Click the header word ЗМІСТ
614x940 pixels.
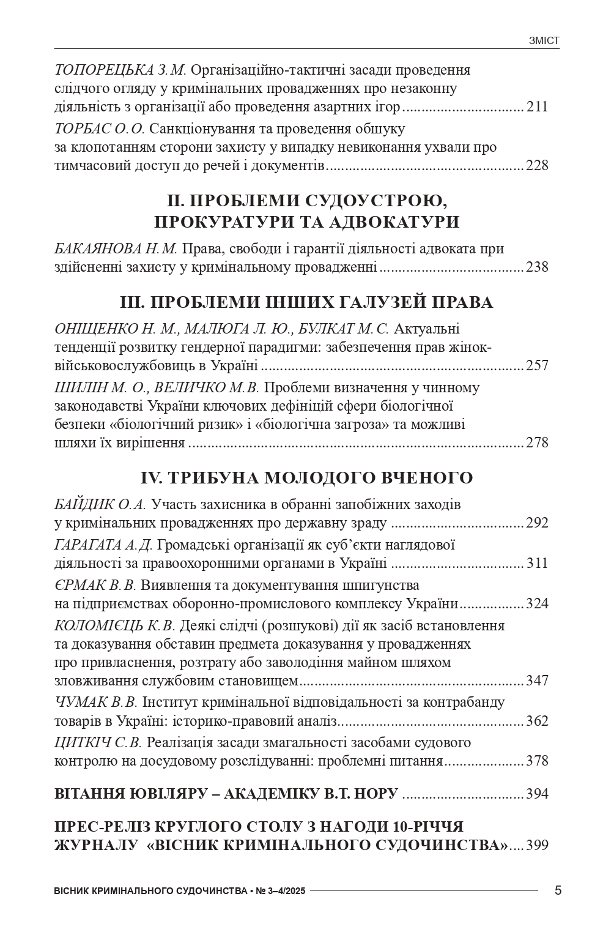coord(544,41)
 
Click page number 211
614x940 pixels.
coord(537,108)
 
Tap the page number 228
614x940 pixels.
coord(537,165)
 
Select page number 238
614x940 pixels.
coord(537,267)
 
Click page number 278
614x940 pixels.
coord(537,442)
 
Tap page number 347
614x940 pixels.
coord(537,681)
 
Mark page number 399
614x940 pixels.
coord(537,846)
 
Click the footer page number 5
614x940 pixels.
coord(558,890)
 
